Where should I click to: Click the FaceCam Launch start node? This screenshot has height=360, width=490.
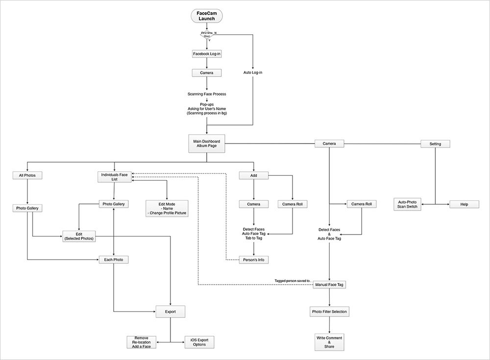206,16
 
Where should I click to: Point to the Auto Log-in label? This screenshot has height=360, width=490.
253,72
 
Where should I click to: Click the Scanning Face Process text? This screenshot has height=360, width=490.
207,94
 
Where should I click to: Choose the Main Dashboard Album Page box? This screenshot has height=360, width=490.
207,144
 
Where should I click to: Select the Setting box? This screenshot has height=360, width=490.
435,144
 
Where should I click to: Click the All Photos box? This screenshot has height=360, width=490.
27,175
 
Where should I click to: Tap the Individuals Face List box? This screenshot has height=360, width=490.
114,177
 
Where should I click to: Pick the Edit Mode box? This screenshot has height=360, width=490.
167,209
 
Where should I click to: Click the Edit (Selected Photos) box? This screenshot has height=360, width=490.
78,236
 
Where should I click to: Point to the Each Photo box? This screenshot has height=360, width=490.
114,260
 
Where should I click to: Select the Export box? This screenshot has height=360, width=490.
170,311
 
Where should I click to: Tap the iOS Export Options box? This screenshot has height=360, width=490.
199,342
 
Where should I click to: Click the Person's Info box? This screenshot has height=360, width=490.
253,260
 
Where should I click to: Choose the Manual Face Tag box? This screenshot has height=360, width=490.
330,285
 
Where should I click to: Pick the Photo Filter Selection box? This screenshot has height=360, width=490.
330,312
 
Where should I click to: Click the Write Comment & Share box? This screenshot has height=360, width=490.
330,341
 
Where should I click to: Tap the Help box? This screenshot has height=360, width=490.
464,204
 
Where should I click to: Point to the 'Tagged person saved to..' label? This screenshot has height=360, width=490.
293,281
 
